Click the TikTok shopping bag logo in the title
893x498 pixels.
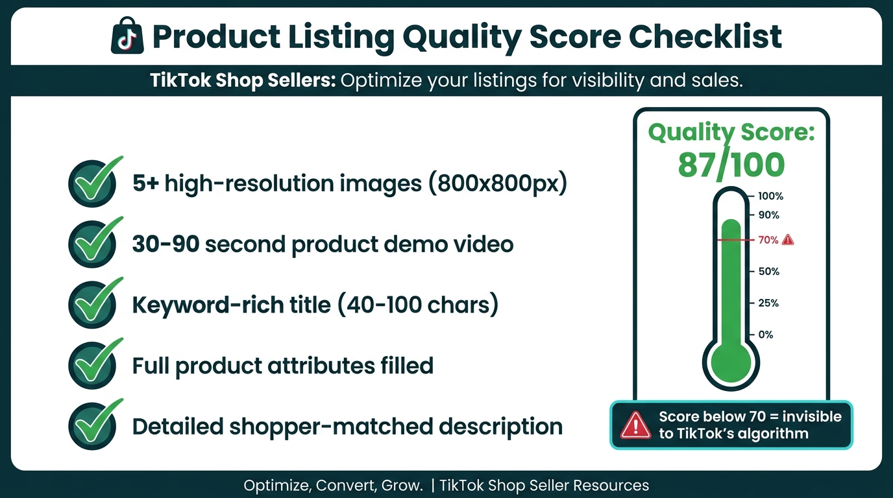tap(127, 38)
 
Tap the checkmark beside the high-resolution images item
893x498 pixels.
tap(93, 183)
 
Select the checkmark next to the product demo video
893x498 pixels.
tap(93, 243)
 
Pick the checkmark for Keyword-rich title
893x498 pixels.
tap(93, 304)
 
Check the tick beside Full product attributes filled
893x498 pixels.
tap(93, 364)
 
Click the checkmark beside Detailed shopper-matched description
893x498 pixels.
tap(93, 425)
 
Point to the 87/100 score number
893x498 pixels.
tap(731, 165)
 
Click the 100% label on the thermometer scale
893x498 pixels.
tap(770, 196)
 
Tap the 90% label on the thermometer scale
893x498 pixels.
tap(768, 215)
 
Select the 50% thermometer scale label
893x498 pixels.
tap(768, 272)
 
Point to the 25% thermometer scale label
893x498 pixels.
tap(768, 303)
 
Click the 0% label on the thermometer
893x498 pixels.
tap(766, 335)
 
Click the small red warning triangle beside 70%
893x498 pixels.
tap(788, 240)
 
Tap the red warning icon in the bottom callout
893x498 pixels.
tap(636, 425)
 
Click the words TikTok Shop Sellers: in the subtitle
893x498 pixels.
tap(242, 80)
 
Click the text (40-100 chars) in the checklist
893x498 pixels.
tap(417, 305)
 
